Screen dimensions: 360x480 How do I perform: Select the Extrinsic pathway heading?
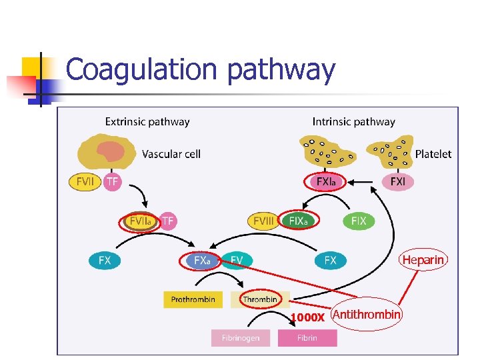click(147, 122)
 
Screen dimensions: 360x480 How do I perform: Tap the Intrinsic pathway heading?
click(354, 122)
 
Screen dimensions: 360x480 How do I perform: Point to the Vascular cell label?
click(171, 154)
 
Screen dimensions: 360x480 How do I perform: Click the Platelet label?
click(433, 154)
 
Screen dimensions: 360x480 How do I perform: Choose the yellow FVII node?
click(85, 181)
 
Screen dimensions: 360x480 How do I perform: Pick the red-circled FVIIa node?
click(139, 221)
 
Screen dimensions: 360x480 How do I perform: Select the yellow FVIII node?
click(263, 221)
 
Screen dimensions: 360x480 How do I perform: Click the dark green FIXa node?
click(298, 221)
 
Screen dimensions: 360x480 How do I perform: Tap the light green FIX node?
click(359, 221)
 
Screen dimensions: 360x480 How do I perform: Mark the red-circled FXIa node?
click(326, 181)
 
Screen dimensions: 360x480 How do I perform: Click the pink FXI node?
click(397, 181)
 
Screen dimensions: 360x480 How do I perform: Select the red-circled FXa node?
click(202, 261)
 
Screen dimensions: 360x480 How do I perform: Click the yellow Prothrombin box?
click(193, 299)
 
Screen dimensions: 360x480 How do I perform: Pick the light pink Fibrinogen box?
click(241, 338)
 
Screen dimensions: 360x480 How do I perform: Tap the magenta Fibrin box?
click(307, 338)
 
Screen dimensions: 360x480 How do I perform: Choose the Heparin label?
click(423, 260)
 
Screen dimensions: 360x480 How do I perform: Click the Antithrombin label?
click(367, 314)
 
